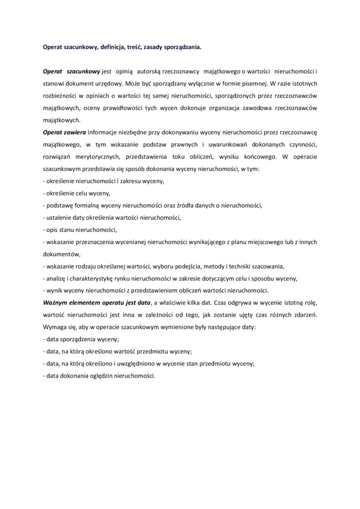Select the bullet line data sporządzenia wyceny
(x=81, y=339)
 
